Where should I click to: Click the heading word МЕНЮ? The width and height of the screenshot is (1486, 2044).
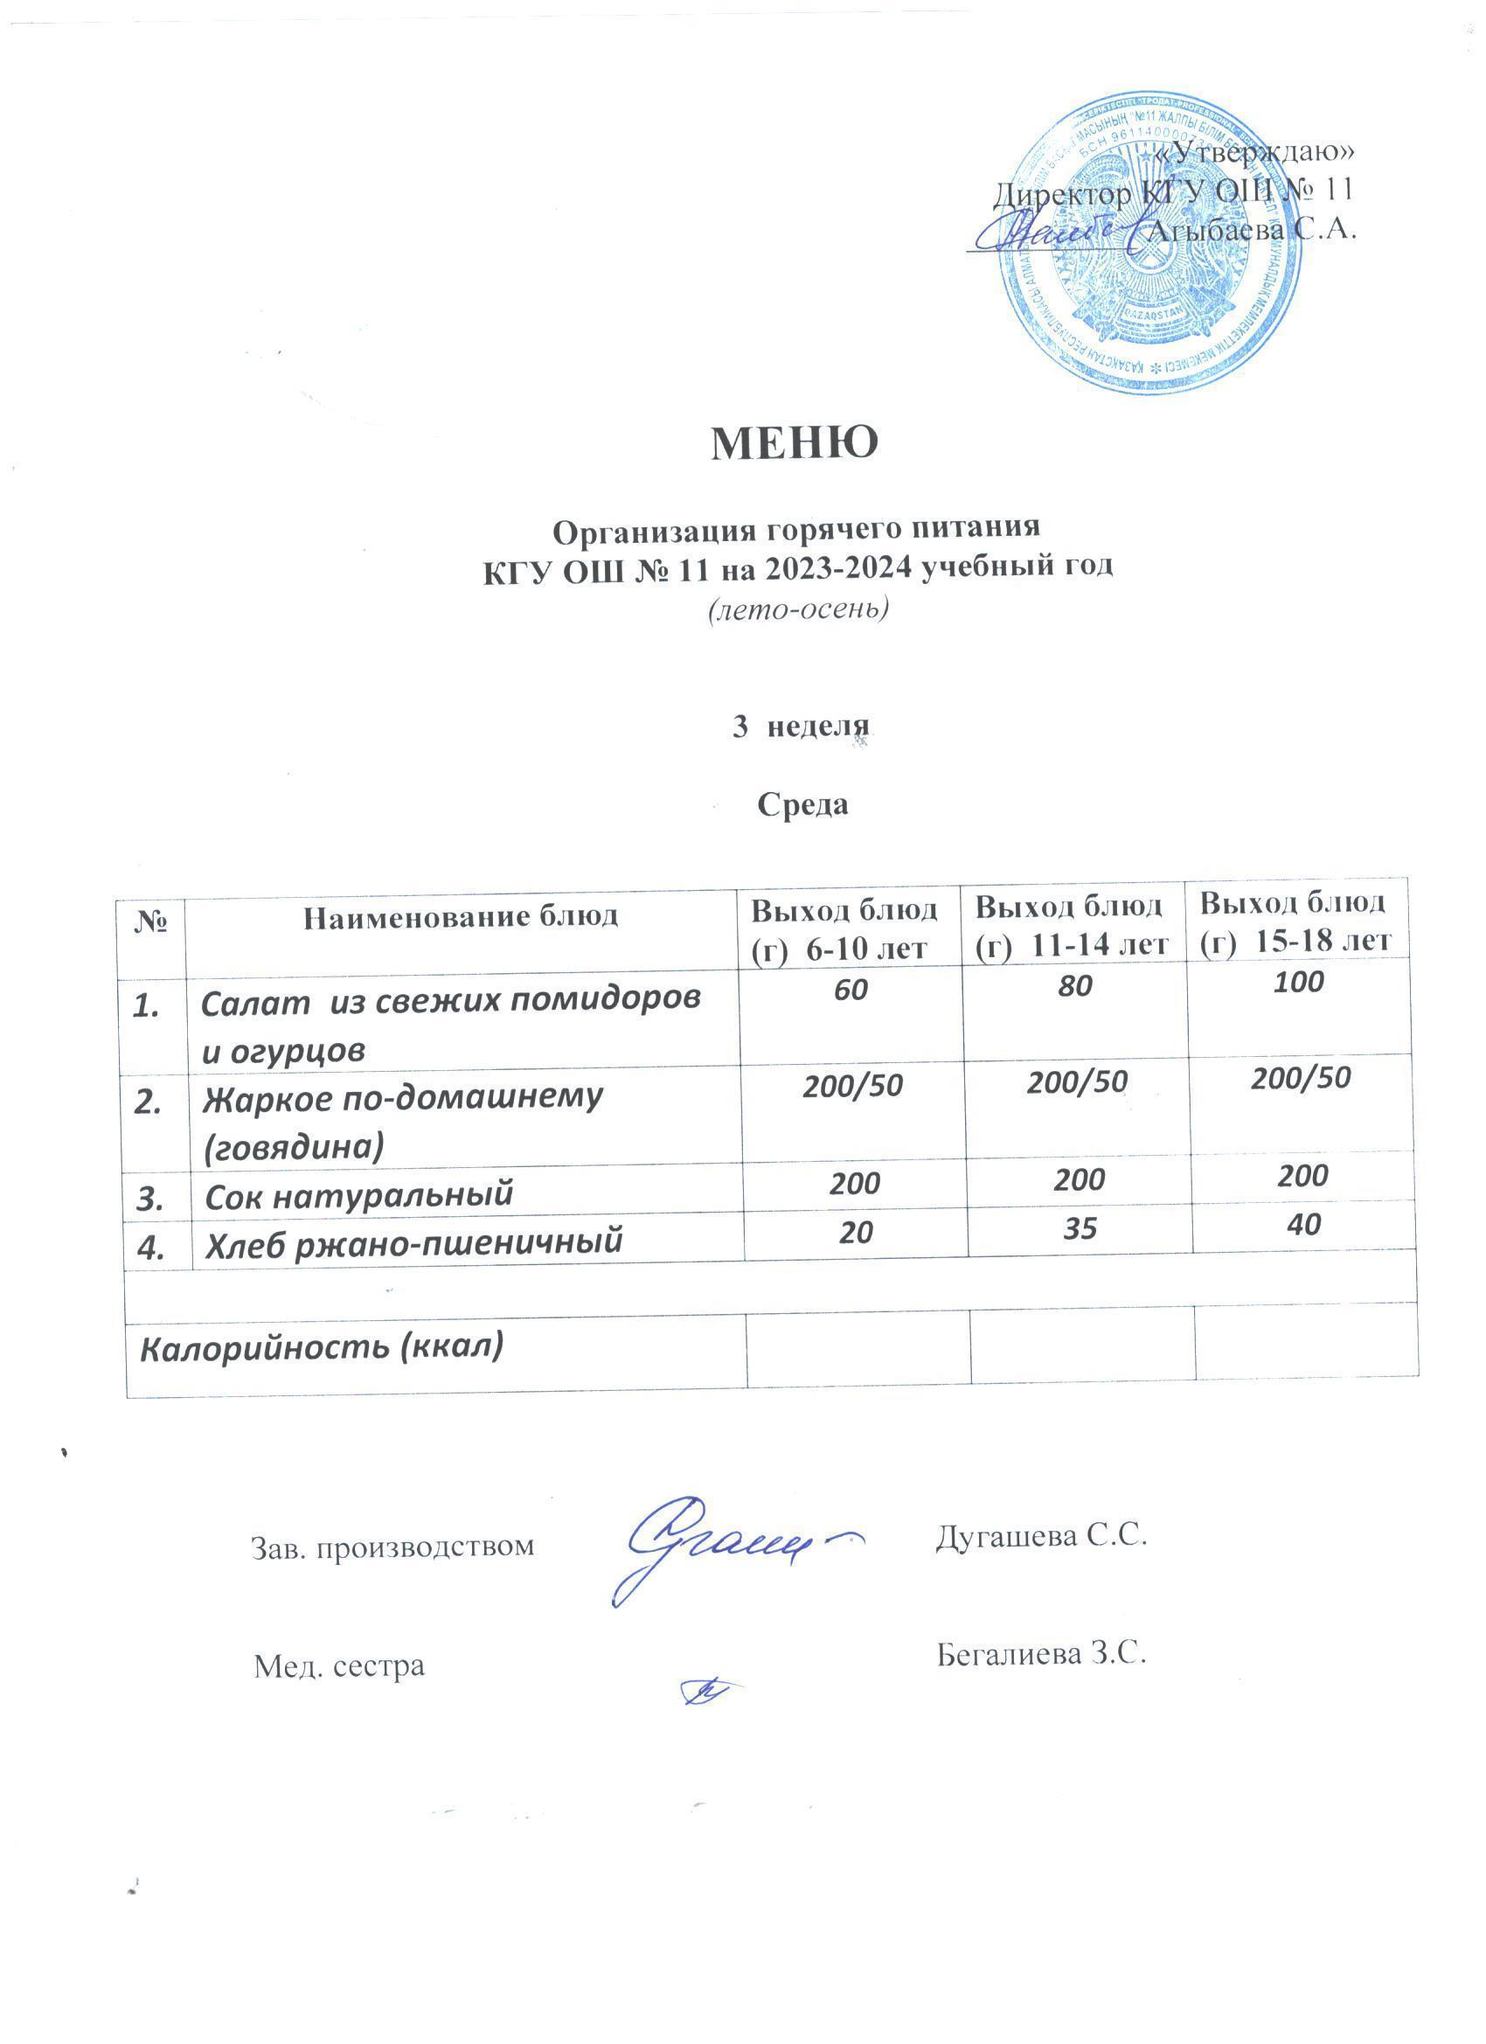(794, 442)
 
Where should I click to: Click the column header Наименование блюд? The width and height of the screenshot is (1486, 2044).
(461, 917)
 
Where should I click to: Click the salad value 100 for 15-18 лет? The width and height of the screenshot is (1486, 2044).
(1300, 982)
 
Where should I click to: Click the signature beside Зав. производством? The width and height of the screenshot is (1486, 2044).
(726, 1548)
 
